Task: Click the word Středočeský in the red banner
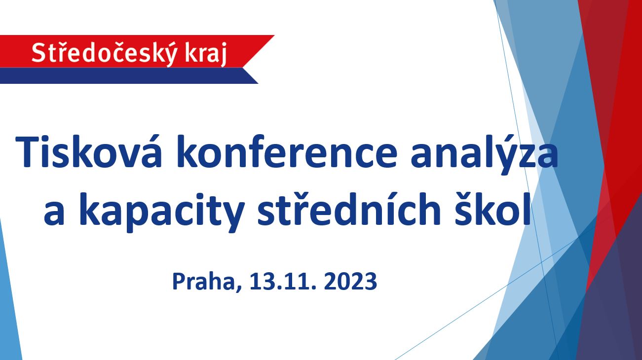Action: (x=104, y=53)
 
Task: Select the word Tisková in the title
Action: (x=89, y=151)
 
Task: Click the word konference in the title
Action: (x=287, y=151)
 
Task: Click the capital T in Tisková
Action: (x=26, y=151)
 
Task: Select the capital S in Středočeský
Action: (x=38, y=53)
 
